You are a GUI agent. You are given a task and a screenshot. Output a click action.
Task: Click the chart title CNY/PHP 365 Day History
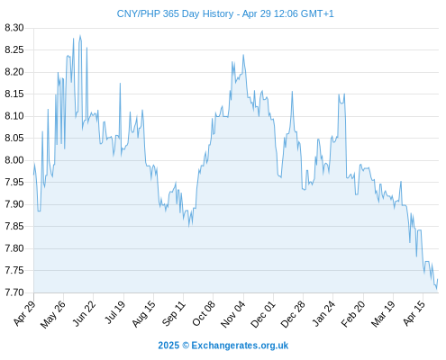[175, 13]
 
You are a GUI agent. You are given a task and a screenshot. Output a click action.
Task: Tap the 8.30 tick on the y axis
[14, 28]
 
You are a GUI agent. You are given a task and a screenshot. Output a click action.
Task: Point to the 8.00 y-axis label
[14, 160]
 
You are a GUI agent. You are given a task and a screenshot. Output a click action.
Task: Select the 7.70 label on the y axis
[14, 292]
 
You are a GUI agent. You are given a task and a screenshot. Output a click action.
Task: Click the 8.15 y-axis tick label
[14, 94]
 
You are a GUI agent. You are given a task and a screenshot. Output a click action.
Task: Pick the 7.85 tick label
[14, 226]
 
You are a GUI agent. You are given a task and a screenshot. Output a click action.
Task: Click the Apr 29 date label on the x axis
[24, 313]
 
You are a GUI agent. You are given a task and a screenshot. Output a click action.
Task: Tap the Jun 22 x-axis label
[85, 313]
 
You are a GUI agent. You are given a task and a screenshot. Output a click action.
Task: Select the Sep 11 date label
[174, 313]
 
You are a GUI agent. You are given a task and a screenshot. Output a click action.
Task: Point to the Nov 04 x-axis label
[233, 314]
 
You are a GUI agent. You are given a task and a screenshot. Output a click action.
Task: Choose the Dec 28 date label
[293, 314]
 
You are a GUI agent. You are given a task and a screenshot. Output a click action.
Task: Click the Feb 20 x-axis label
[353, 314]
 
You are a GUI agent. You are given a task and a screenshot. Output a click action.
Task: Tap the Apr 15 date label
[414, 313]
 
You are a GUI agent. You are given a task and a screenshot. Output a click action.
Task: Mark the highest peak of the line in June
[80, 35]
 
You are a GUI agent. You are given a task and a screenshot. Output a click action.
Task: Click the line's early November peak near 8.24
[243, 55]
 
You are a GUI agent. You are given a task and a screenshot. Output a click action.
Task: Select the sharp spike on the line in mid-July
[120, 84]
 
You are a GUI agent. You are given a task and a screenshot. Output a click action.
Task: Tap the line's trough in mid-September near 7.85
[189, 227]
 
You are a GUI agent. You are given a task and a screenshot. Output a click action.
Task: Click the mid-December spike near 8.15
[292, 92]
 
